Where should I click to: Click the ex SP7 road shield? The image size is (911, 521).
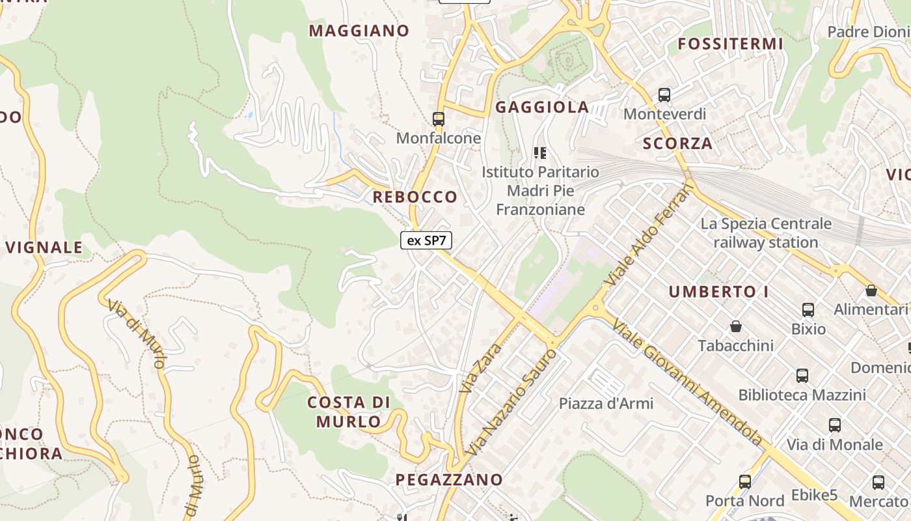coord(426,240)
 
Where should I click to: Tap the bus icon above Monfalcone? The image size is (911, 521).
coord(439,119)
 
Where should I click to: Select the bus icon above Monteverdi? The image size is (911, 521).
coord(664,95)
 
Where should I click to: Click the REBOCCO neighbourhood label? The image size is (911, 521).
coord(415,197)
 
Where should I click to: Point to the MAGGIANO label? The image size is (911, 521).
coord(359,31)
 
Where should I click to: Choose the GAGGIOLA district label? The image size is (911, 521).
coord(542,107)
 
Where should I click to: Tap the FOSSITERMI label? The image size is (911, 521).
coord(731,44)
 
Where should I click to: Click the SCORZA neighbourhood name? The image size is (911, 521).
coord(678,143)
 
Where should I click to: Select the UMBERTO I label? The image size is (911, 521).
coord(719,292)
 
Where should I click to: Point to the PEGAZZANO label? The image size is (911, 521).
coord(450,480)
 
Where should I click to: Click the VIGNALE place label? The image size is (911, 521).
coord(44,247)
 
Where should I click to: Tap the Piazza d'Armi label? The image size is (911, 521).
coord(606,403)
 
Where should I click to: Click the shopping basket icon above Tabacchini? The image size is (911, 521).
coord(736,326)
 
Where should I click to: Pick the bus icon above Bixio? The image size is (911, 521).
coord(808,310)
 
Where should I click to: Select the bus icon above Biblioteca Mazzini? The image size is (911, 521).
coord(802,376)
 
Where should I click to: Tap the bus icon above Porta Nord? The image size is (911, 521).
coord(745,482)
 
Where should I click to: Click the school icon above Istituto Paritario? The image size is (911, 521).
coord(539,153)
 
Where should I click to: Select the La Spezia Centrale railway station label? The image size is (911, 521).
coord(766,233)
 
